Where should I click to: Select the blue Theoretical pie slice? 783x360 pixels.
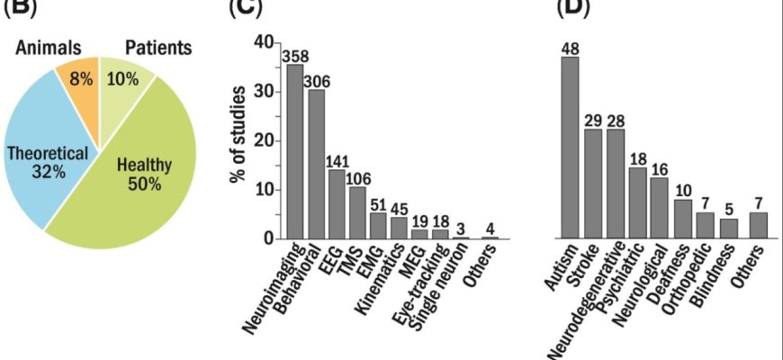45,162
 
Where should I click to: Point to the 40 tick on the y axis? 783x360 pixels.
263,43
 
